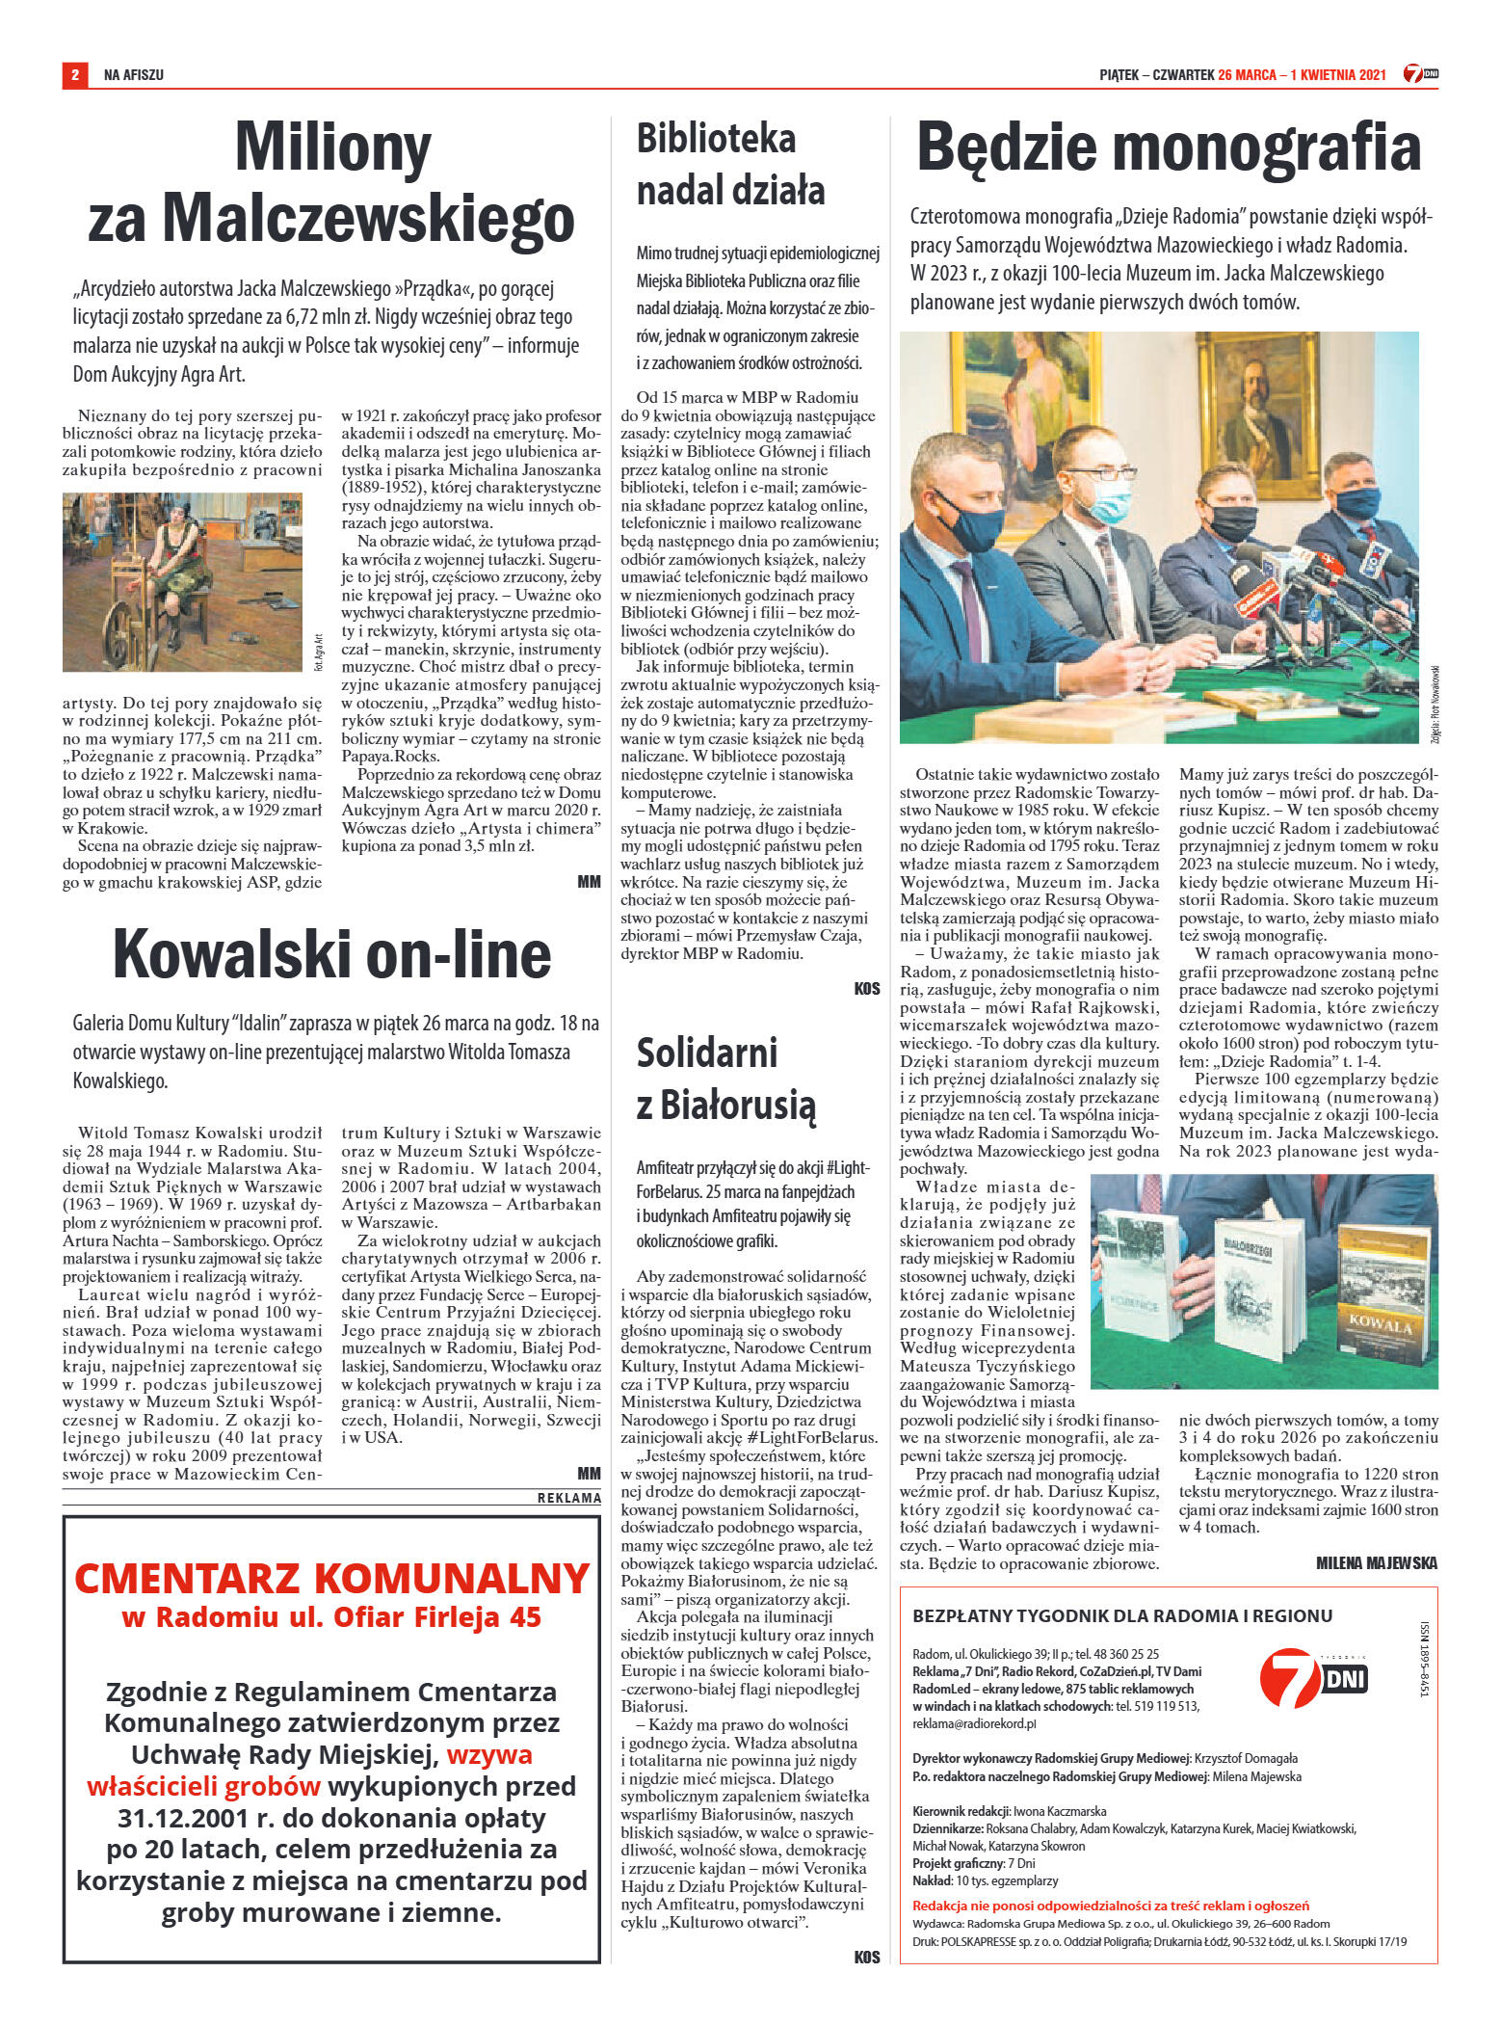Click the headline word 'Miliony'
(x=332, y=147)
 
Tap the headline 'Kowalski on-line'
(x=332, y=954)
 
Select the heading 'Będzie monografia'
(x=1168, y=147)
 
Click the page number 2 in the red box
(x=74, y=74)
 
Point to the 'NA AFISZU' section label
(x=134, y=74)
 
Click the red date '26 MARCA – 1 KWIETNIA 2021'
(x=1302, y=74)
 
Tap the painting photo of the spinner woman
(x=182, y=581)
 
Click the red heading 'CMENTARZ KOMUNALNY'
(x=331, y=1578)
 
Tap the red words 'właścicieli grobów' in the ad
(x=203, y=1786)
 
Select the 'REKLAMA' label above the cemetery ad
(x=568, y=1498)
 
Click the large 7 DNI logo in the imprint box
(x=1313, y=1677)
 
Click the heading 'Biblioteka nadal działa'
(x=730, y=165)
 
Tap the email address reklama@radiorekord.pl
(x=974, y=1723)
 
